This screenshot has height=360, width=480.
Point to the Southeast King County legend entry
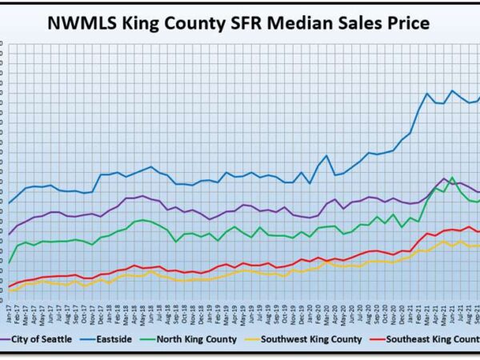click(432, 340)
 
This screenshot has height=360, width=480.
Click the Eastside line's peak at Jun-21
click(453, 90)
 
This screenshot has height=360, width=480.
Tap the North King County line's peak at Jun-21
click(453, 178)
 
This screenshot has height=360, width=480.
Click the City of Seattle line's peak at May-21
click(444, 178)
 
